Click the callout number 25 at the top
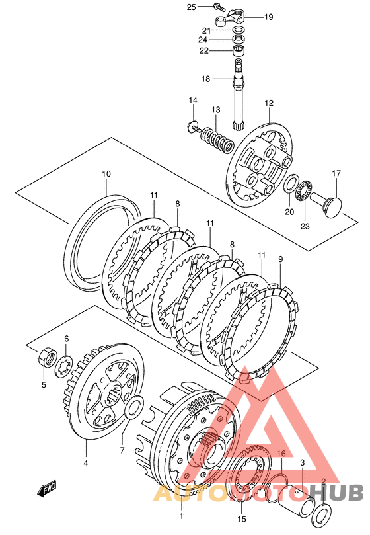[x=192, y=7]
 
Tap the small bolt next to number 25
[x=217, y=6]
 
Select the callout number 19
[x=269, y=17]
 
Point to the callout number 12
[x=269, y=103]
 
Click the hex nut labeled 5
[x=47, y=356]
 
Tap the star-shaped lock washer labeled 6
[x=64, y=366]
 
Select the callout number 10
[x=106, y=174]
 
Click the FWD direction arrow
[x=48, y=489]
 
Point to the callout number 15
[x=241, y=519]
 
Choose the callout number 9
[x=280, y=259]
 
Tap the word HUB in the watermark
[x=338, y=493]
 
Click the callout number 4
[x=86, y=463]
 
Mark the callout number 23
[x=305, y=226]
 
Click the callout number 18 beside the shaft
[x=205, y=79]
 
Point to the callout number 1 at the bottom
[x=181, y=516]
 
